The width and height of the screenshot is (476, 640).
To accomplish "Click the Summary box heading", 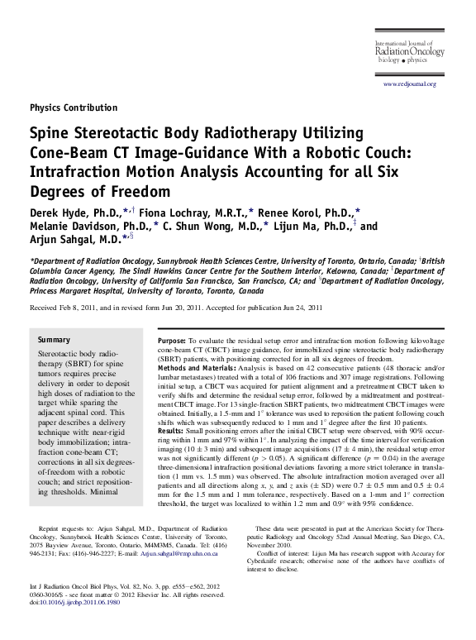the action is point(55,340).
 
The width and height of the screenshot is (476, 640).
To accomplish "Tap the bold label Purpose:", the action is point(170,341).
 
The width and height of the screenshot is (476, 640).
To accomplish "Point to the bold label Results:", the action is point(170,430).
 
